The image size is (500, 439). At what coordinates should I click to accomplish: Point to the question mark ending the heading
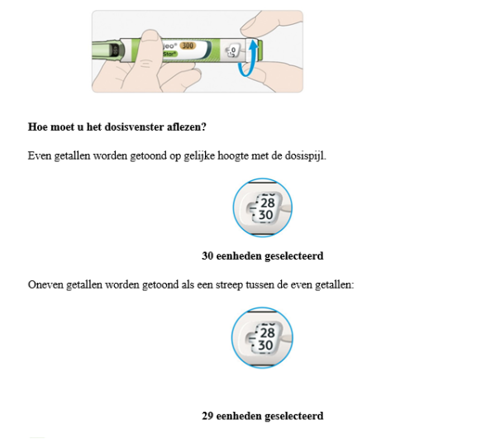205,126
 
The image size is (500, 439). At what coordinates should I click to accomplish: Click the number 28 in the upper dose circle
266,202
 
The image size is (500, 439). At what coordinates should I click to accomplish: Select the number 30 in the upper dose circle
265,215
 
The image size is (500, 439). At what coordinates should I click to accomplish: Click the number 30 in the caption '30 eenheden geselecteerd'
208,255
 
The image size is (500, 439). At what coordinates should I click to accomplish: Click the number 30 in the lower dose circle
265,345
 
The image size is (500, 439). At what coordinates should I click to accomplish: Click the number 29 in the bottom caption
208,415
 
